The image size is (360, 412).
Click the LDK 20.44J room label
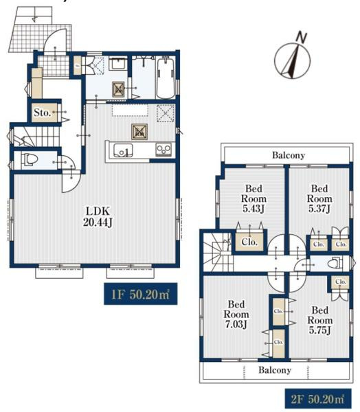point(98,216)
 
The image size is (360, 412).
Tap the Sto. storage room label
point(42,113)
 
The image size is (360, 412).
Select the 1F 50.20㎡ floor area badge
point(141,294)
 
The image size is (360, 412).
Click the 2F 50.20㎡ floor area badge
point(318,399)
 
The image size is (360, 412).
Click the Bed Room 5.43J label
point(254,198)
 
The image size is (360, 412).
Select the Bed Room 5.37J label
point(319,198)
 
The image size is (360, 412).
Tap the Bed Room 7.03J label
point(236,314)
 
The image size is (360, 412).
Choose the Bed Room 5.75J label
point(319,320)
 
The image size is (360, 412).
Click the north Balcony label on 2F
point(289,155)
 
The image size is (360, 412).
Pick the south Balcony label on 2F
point(275,370)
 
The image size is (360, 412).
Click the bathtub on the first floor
point(166,78)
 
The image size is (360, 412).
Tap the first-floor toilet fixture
point(30,159)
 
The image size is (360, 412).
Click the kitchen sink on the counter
point(123,150)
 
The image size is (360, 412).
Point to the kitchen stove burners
point(164,149)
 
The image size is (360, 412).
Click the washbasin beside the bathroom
point(118,63)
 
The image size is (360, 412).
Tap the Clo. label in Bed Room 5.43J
point(249,242)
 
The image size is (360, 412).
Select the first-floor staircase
point(36,137)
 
